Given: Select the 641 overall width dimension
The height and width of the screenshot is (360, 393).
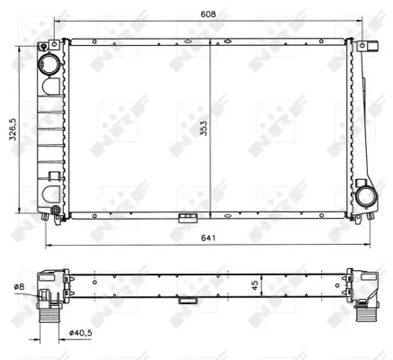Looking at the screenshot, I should pyautogui.click(x=209, y=238).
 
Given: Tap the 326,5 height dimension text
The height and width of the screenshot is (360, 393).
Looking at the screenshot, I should pyautogui.click(x=11, y=131).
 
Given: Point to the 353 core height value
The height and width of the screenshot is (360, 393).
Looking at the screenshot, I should pyautogui.click(x=205, y=129).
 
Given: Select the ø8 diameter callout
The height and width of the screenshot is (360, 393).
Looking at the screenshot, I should pyautogui.click(x=17, y=287).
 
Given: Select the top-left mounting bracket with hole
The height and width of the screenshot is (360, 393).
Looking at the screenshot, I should pyautogui.click(x=54, y=45).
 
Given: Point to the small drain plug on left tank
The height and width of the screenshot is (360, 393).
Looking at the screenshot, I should pyautogui.click(x=56, y=212).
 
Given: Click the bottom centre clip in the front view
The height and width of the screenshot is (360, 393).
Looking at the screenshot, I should pyautogui.click(x=188, y=218).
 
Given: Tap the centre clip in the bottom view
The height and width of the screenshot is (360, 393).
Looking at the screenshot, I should pyautogui.click(x=188, y=301).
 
